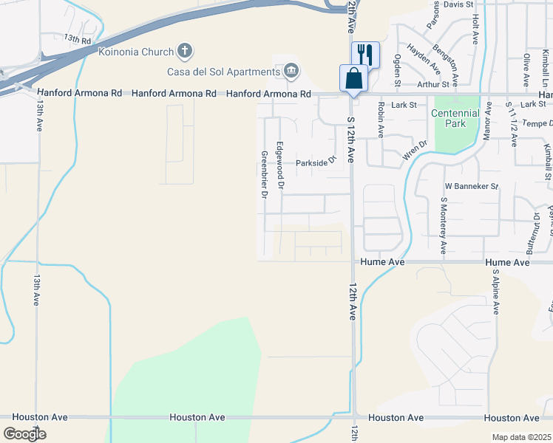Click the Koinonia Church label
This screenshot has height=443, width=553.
point(135,52)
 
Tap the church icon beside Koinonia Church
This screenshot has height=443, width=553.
point(185,51)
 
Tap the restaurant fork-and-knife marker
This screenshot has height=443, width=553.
point(365,54)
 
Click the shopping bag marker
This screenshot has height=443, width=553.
point(353,78)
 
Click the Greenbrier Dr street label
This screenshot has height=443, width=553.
point(264,175)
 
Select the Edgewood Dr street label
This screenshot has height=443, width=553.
point(279,165)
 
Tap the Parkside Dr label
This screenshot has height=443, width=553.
point(316,162)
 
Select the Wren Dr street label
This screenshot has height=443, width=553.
point(415,150)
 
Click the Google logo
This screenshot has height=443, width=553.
point(24,434)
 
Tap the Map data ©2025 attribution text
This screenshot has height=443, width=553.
point(521,437)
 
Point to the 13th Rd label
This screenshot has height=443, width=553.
point(77,38)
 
